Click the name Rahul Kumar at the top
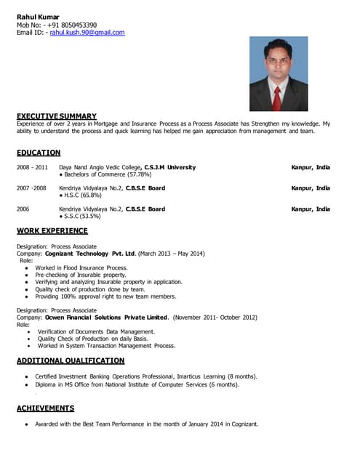(39, 16)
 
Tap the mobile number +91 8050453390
(72, 25)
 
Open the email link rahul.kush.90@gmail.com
(87, 33)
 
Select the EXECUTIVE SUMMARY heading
(57, 116)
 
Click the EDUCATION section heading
(39, 153)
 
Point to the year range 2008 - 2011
(32, 167)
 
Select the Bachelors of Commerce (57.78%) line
(106, 174)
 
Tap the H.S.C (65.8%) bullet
(81, 195)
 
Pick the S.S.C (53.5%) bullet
(81, 217)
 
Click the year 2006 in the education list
(23, 209)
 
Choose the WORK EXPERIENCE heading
(52, 231)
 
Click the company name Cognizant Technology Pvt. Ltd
(90, 254)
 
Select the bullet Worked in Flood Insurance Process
(81, 268)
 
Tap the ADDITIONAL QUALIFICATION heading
(71, 360)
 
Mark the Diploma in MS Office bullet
(137, 384)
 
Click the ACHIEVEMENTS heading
(45, 408)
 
